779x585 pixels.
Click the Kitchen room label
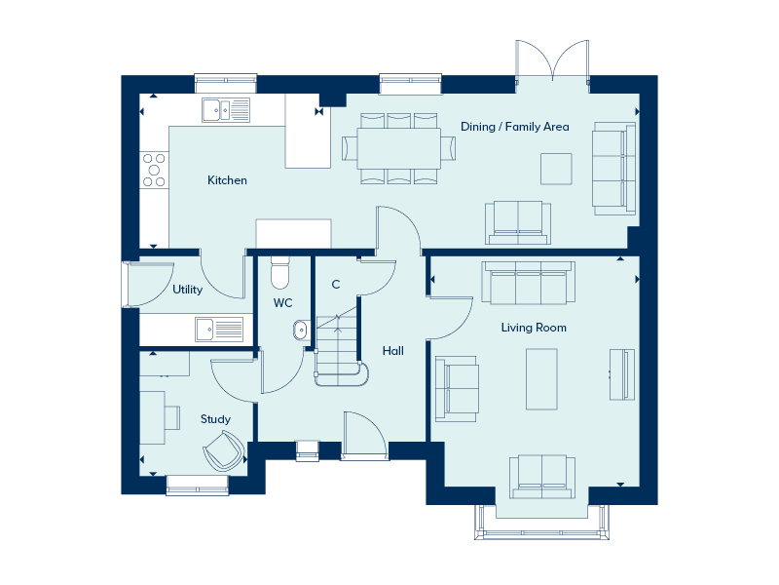(x=227, y=180)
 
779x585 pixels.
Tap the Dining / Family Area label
(x=515, y=127)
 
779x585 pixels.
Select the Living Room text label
(x=534, y=328)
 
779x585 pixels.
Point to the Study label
(x=215, y=419)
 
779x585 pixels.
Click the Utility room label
(x=187, y=290)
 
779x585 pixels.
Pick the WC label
(x=282, y=303)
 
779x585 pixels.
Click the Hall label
(x=393, y=351)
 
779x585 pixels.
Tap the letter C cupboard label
(x=336, y=285)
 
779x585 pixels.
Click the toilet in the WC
(x=280, y=272)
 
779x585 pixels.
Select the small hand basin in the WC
(x=300, y=331)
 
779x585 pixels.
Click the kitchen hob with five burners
(x=154, y=170)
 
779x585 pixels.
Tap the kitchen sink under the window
(x=226, y=110)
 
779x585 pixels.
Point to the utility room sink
(x=219, y=330)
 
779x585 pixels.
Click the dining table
(x=398, y=148)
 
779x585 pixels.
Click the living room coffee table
(x=541, y=379)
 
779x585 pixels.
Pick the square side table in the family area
(x=556, y=169)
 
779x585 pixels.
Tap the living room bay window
(x=542, y=523)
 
